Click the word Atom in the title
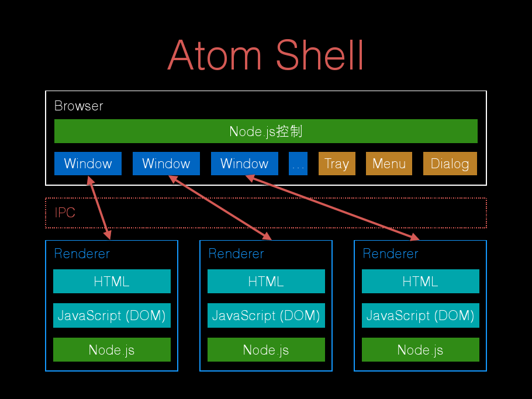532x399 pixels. coord(215,55)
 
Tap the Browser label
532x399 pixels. coord(79,106)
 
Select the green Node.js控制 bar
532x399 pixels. coord(265,131)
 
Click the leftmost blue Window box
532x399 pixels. coord(88,164)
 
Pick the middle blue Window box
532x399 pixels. coord(166,164)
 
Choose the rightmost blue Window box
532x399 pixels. coord(244,164)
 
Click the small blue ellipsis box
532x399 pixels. coord(298,164)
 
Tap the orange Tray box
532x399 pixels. coord(337,164)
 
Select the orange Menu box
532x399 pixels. coord(389,164)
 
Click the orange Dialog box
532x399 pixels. coord(450,164)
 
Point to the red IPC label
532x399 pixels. coord(65,213)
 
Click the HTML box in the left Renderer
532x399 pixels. coord(112,282)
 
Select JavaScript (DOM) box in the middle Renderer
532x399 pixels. coord(267,315)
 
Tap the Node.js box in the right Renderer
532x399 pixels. coord(421,349)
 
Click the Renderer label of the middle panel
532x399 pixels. coord(236,254)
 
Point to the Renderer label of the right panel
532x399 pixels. coord(391,254)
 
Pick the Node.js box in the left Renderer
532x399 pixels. coord(112,349)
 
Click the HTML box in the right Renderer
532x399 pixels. coord(421,282)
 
